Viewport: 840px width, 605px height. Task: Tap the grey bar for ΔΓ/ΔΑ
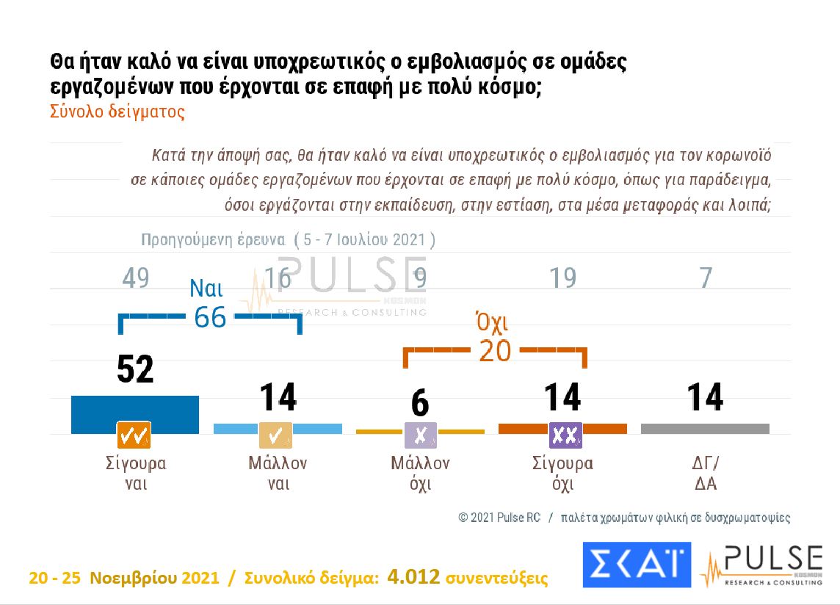pos(705,428)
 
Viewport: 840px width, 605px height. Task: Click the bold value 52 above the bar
pos(135,369)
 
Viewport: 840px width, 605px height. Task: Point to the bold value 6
pos(419,404)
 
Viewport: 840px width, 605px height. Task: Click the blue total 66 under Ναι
pos(210,317)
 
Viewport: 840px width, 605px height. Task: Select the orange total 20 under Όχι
pos(494,351)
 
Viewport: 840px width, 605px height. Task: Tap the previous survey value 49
pos(135,278)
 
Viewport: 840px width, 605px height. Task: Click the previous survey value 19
pos(562,278)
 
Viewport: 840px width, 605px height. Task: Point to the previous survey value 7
pos(705,278)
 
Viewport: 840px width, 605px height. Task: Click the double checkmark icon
pos(134,435)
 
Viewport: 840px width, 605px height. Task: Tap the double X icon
pos(565,435)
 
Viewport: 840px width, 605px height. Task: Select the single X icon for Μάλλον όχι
pos(420,435)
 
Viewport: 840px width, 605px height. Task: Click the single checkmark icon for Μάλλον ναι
pos(276,435)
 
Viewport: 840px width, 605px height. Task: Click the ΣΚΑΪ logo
pos(636,565)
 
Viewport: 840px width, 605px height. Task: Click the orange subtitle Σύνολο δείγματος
pos(117,112)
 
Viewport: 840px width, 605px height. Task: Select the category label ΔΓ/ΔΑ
pos(705,474)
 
